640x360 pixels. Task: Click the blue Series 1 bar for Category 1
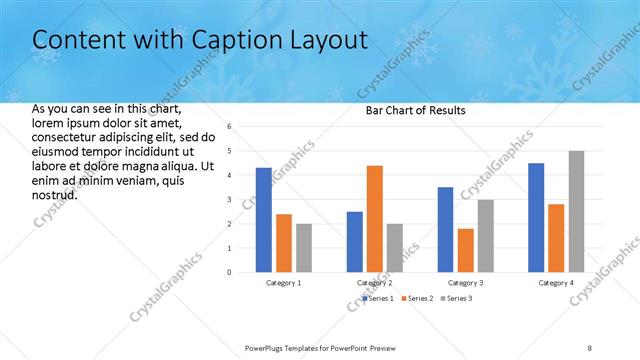coord(263,220)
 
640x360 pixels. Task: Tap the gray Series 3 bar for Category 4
coord(576,212)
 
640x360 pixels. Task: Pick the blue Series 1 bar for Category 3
coord(445,230)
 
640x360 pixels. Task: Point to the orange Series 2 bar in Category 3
coord(465,251)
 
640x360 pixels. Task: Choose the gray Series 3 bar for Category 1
coord(304,248)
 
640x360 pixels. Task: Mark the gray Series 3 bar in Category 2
coord(395,248)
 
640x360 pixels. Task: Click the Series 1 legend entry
coord(379,299)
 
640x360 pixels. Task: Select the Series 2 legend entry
coord(419,299)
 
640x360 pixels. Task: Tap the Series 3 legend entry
coord(459,299)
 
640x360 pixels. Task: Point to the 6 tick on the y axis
coord(229,127)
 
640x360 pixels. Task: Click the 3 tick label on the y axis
coord(229,200)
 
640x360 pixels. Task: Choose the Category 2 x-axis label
coord(375,283)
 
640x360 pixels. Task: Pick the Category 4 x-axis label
coord(556,283)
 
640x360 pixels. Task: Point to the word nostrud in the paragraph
coord(55,194)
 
